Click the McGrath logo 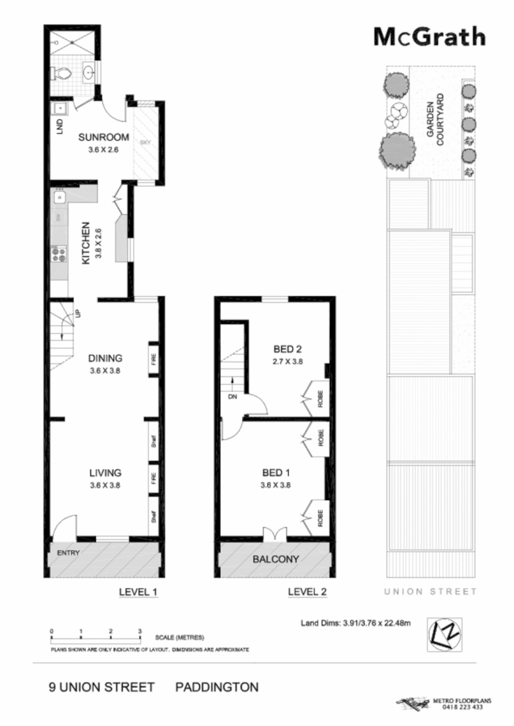(429, 36)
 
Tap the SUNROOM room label (104, 138)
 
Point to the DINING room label (105, 358)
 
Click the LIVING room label (105, 473)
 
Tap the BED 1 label (276, 473)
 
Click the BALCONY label (276, 560)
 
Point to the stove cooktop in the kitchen (57, 253)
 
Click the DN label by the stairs (233, 398)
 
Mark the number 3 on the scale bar (140, 631)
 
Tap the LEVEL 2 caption (307, 592)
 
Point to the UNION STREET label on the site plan (431, 592)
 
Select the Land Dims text (356, 622)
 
